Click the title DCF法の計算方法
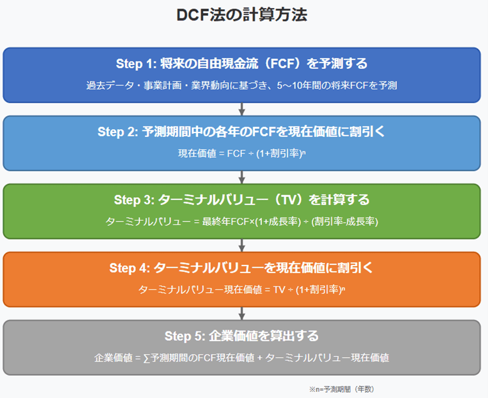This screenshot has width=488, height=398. (x=242, y=15)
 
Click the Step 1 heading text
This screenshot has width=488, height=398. (x=242, y=63)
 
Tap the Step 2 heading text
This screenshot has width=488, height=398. (x=241, y=131)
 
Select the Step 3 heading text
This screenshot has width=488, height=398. (x=241, y=200)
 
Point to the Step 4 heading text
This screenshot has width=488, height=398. (x=241, y=268)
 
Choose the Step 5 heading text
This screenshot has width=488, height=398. (x=241, y=336)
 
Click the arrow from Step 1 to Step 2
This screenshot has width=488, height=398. (x=242, y=109)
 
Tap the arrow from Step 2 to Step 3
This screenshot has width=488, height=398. (x=242, y=177)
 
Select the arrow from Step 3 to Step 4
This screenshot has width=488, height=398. (x=242, y=246)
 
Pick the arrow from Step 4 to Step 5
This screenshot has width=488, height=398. (x=242, y=314)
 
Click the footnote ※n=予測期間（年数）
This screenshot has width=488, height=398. (x=341, y=389)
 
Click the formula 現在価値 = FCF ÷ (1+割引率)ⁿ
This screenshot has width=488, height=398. (x=242, y=154)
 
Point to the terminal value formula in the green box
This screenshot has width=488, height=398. (x=242, y=222)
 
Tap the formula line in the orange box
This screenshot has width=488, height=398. (x=242, y=290)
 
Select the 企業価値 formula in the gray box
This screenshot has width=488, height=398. (x=242, y=358)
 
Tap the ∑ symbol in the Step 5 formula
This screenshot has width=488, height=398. (x=147, y=358)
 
